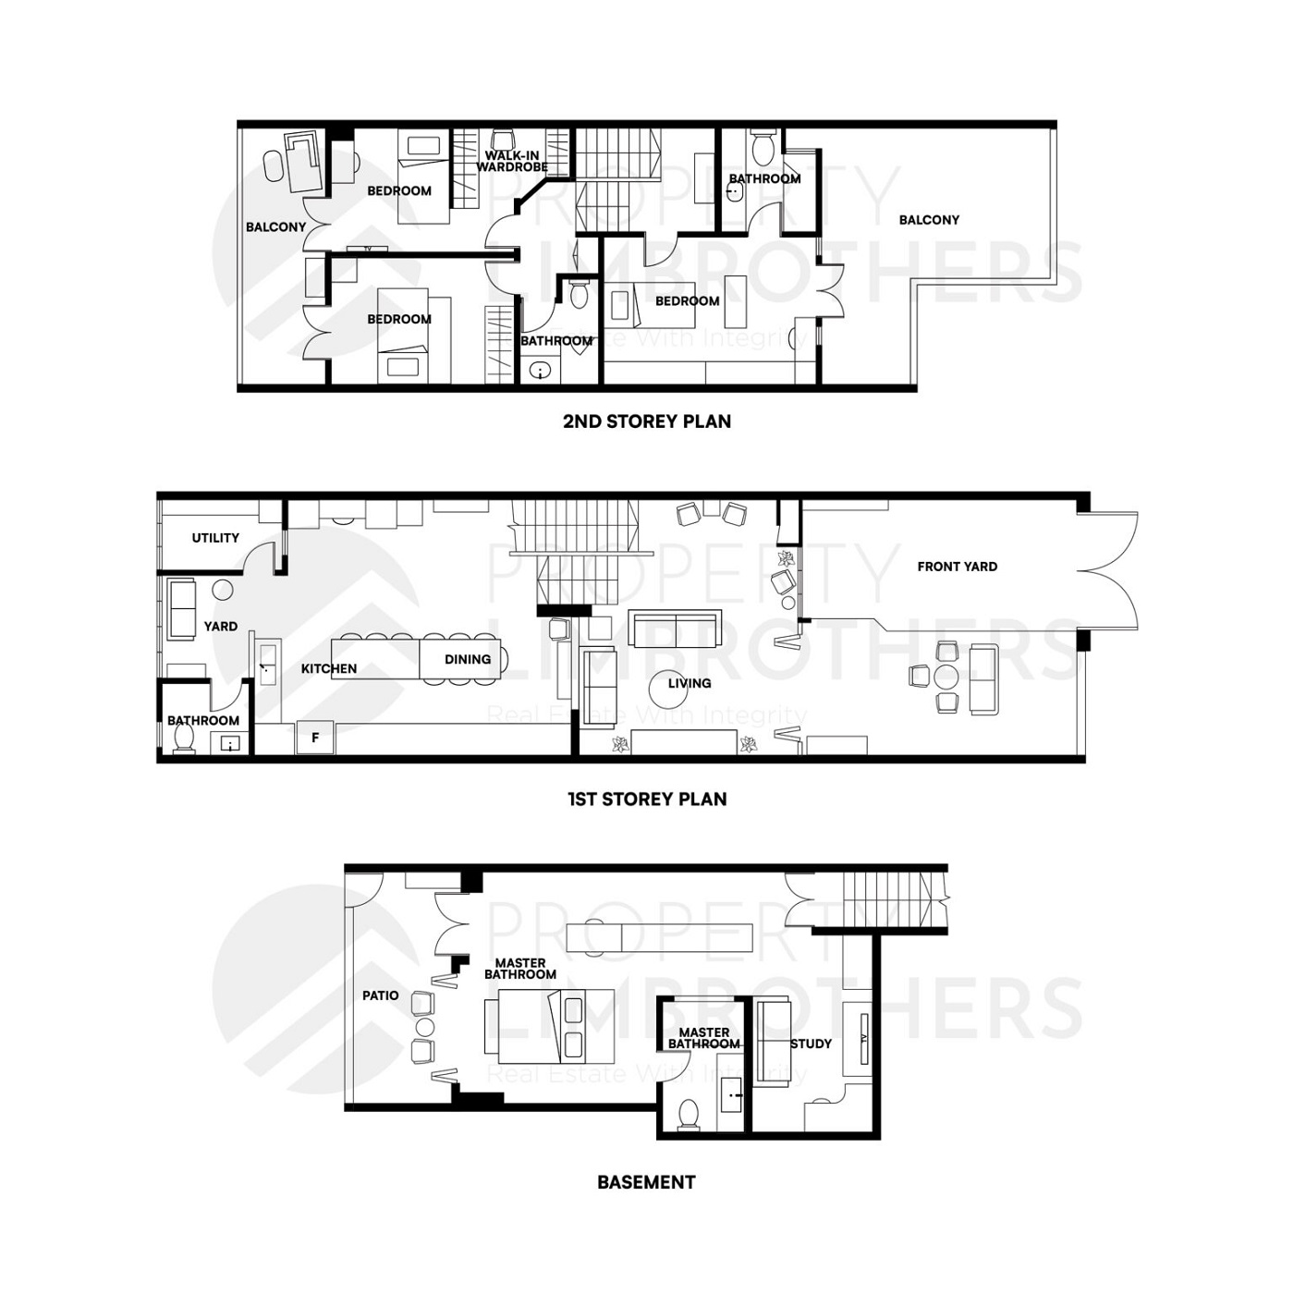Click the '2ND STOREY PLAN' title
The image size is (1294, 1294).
click(x=646, y=421)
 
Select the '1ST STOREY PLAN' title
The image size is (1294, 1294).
click(x=646, y=799)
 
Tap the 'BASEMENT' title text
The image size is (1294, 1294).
click(x=646, y=1181)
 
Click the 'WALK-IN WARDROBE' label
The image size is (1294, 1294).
click(x=512, y=162)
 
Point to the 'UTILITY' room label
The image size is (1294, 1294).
click(x=215, y=538)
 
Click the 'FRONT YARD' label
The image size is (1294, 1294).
click(x=957, y=567)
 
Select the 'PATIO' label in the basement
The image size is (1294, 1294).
click(x=381, y=995)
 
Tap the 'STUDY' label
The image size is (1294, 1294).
click(x=811, y=1044)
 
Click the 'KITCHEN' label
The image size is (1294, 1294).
click(x=329, y=668)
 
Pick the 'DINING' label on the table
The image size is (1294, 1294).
click(x=468, y=659)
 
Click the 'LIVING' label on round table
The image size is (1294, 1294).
click(x=690, y=683)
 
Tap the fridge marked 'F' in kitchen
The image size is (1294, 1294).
click(x=315, y=738)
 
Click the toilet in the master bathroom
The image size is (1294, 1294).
click(x=689, y=1114)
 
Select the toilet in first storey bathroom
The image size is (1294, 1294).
click(x=184, y=739)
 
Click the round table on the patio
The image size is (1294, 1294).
click(x=424, y=1027)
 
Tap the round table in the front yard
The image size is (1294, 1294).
click(x=946, y=677)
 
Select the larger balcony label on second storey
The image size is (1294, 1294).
click(x=929, y=220)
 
